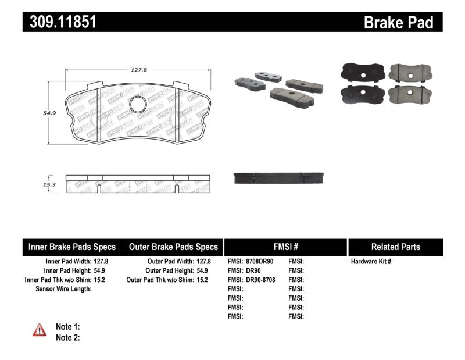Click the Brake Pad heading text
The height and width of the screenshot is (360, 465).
[398, 22]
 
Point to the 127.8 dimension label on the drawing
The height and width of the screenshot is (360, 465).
[138, 69]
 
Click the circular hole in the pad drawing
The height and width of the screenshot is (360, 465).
[138, 105]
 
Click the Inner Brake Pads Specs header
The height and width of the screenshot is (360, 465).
[72, 247]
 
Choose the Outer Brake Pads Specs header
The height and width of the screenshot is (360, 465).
[173, 247]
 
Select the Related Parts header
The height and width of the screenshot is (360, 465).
[395, 247]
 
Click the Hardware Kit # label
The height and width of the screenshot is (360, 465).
[371, 262]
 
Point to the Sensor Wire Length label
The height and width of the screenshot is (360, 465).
[64, 289]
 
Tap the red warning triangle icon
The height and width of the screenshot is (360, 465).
[39, 330]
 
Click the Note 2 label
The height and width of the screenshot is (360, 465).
[67, 337]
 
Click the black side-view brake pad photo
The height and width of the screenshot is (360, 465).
[279, 177]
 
